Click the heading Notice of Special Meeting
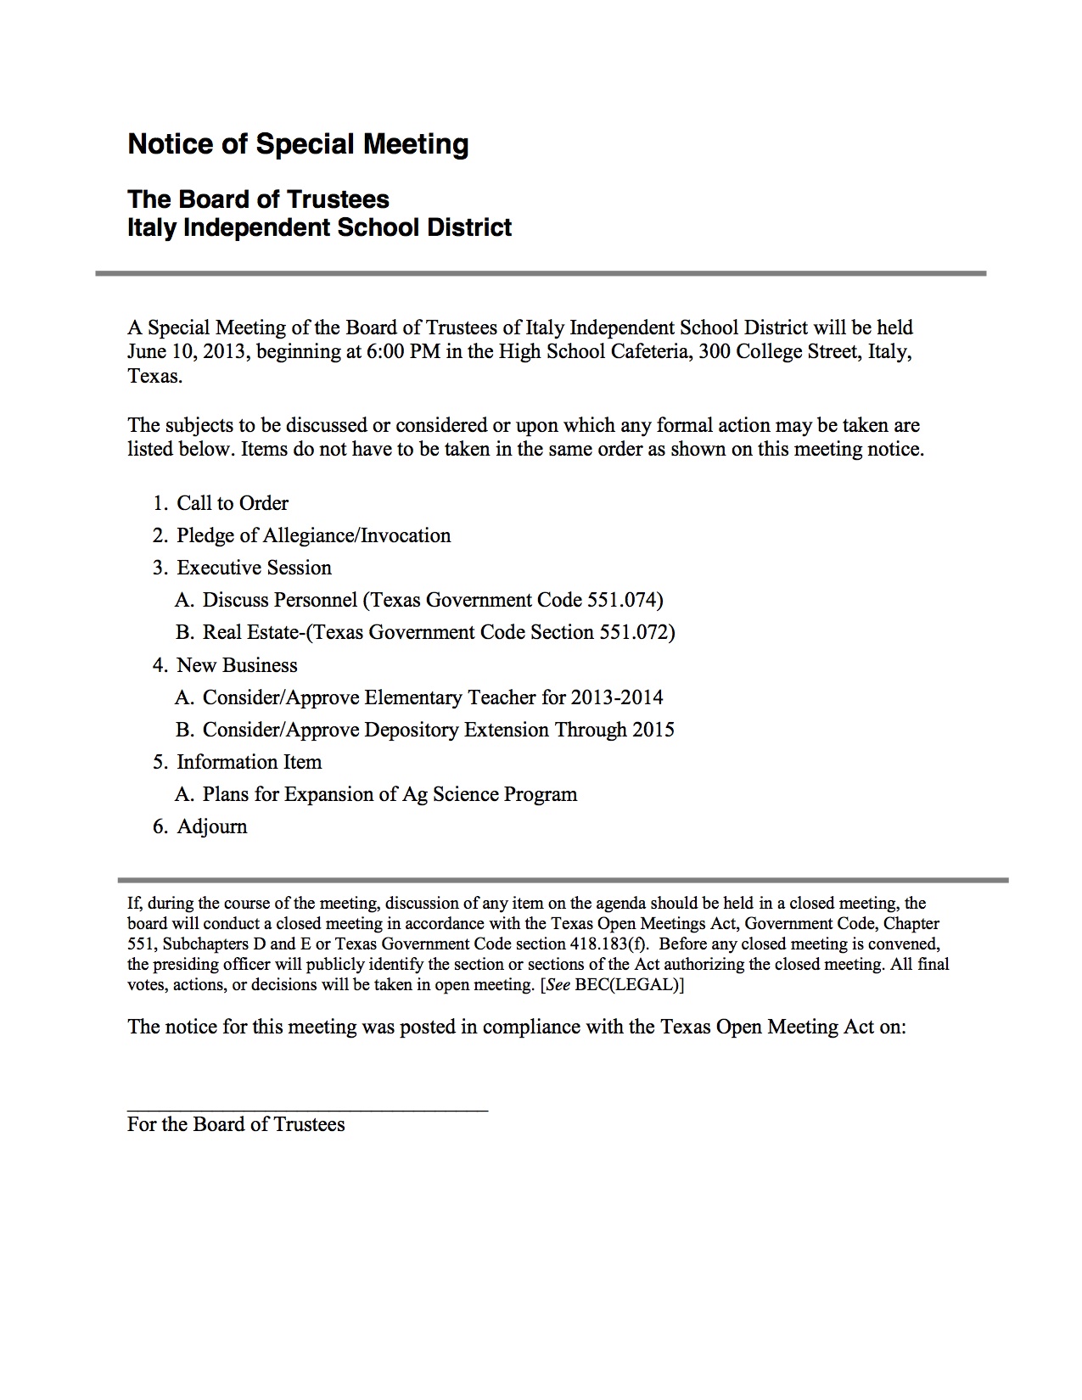pyautogui.click(x=298, y=144)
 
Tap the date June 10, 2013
pyautogui.click(x=187, y=352)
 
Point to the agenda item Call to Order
pyautogui.click(x=232, y=503)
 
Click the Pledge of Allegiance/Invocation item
pyautogui.click(x=313, y=535)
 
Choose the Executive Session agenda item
pyautogui.click(x=254, y=568)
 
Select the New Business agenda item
pyautogui.click(x=237, y=665)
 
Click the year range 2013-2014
pyautogui.click(x=617, y=697)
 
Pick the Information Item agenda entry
pyautogui.click(x=249, y=762)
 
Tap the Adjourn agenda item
pyautogui.click(x=211, y=826)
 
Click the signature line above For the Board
pyautogui.click(x=307, y=1108)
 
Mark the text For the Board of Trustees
pyautogui.click(x=236, y=1124)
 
